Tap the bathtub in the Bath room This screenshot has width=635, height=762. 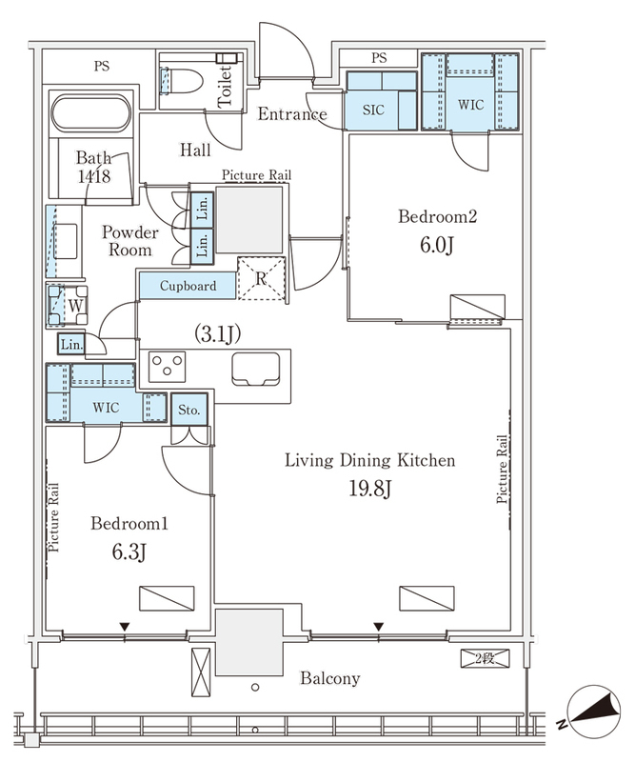point(90,113)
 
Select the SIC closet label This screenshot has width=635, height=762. point(373,110)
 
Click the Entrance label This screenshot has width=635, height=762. point(292,114)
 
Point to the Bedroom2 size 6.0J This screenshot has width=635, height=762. point(436,246)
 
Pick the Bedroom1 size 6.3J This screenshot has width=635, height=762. point(129,552)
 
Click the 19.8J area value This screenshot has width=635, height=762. point(369,489)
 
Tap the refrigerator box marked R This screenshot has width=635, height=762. point(262,278)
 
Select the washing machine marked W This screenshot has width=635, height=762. point(68,305)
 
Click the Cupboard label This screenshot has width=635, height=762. point(188,286)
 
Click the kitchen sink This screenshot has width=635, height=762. point(255,369)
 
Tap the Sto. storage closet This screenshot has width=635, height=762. point(189,410)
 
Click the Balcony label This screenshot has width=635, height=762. point(330,678)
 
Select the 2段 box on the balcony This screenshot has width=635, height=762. point(485,658)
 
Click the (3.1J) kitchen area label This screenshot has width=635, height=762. point(217,333)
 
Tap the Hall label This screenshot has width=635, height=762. point(195,150)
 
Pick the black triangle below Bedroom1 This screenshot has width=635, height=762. point(125,627)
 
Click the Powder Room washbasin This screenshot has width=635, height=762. point(66,241)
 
